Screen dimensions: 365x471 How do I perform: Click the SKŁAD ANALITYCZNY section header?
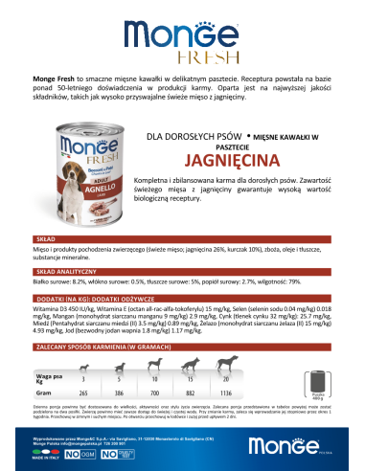(x=61, y=272)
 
